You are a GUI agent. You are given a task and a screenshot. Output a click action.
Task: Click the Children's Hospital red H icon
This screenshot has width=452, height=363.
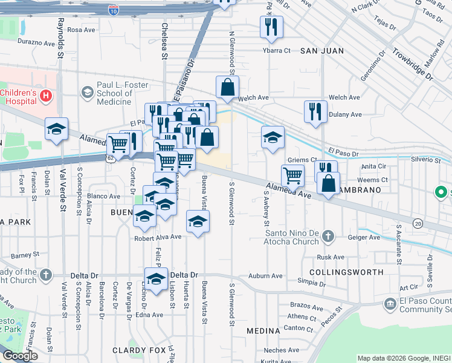(x=46, y=95)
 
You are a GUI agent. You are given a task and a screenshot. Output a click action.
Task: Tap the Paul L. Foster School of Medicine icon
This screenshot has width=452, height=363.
(x=88, y=91)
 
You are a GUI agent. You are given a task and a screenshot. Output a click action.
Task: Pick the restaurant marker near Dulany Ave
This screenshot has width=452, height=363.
(x=315, y=111)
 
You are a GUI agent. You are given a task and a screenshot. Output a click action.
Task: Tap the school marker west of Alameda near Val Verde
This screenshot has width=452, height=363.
(x=57, y=129)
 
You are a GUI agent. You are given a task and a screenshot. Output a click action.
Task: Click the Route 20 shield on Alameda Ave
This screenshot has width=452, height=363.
(x=418, y=224)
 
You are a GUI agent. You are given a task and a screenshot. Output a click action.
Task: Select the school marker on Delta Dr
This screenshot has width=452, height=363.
(x=156, y=280)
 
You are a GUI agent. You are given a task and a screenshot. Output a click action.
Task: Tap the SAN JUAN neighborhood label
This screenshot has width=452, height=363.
(x=321, y=51)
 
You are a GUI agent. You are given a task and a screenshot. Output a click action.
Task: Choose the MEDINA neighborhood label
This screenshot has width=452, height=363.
(x=263, y=331)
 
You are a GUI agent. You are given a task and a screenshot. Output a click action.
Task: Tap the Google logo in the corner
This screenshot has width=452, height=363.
(x=20, y=356)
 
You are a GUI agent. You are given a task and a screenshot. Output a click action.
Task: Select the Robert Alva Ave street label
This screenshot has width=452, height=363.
(x=158, y=237)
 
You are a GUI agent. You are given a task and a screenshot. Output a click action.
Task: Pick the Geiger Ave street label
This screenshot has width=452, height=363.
(x=366, y=238)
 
